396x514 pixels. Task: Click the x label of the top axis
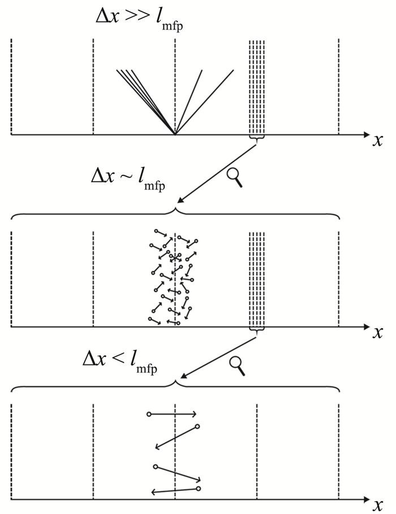(377, 141)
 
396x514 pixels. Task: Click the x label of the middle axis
(377, 332)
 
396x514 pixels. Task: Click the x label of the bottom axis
(377, 505)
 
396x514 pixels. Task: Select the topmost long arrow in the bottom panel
(172, 414)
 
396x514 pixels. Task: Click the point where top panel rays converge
(175, 135)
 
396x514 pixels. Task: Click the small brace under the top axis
(257, 140)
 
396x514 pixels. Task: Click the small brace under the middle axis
(257, 331)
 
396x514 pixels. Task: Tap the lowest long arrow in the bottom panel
(175, 491)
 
